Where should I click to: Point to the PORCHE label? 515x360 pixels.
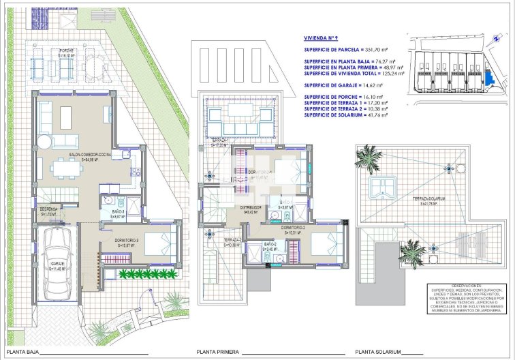(x=66, y=52)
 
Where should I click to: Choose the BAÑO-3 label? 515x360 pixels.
(x=118, y=215)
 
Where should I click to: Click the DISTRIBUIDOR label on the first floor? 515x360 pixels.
(x=253, y=209)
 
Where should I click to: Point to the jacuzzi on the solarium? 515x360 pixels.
(x=383, y=186)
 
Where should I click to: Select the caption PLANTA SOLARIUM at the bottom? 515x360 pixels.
(x=380, y=352)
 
